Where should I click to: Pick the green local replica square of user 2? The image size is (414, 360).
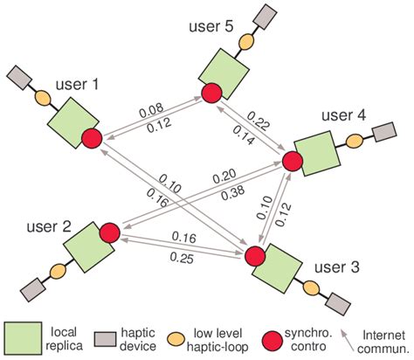(x=86, y=247)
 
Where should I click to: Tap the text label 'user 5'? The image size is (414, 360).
(x=209, y=27)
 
